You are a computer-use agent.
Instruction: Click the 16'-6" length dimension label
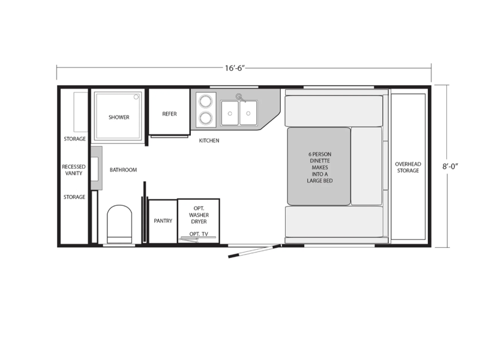tap(235, 68)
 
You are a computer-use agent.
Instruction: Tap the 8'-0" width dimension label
tap(450, 166)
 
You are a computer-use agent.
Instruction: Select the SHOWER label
tap(119, 117)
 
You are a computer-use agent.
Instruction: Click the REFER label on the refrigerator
tap(169, 114)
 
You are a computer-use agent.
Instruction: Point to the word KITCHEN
tap(209, 140)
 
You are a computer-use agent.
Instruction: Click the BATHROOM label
tap(124, 170)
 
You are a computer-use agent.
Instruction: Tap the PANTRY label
tap(163, 221)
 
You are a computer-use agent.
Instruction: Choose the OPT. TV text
tap(199, 234)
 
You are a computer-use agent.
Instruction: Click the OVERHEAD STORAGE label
tap(408, 167)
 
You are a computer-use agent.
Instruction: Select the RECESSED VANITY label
tap(74, 170)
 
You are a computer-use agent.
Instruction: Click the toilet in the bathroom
tap(119, 224)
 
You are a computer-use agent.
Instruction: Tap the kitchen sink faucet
tap(241, 98)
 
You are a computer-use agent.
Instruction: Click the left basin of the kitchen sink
tap(230, 113)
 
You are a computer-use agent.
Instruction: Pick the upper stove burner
tap(205, 101)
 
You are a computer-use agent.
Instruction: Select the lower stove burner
tap(205, 118)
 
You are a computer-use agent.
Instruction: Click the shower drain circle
tap(136, 97)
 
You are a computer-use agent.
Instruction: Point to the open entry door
tap(254, 251)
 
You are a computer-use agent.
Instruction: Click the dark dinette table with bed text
tap(319, 166)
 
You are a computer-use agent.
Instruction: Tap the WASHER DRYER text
tap(199, 218)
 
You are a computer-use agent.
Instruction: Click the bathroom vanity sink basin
tap(95, 169)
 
